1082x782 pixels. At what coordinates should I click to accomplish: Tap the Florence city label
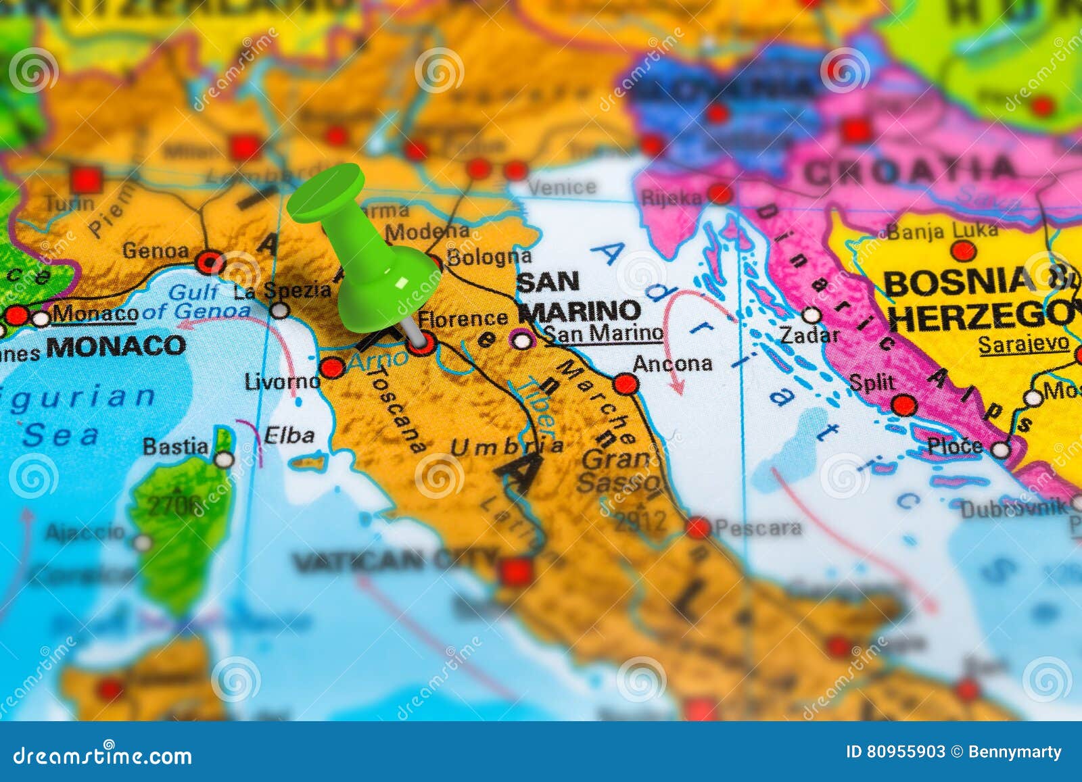pos(463,318)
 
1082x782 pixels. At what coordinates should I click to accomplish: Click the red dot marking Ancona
pos(626,384)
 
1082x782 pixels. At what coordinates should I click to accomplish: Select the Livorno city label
pos(282,381)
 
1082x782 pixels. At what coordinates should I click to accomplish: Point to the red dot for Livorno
pos(331,368)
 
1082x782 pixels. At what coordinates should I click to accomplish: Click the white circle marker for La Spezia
pos(279,310)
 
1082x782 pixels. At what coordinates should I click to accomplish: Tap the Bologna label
pos(489,258)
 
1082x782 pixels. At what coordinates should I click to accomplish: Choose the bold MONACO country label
pos(116,346)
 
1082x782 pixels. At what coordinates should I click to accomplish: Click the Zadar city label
pos(809,335)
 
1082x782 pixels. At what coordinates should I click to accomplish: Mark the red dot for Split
pos(904,405)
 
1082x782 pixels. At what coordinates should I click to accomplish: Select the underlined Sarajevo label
pos(1024,345)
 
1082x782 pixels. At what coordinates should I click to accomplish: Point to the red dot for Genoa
pos(210,262)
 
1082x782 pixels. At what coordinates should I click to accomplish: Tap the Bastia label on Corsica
pos(175,447)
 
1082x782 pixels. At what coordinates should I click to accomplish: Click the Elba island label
pos(289,435)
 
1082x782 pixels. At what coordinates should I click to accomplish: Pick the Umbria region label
pos(506,446)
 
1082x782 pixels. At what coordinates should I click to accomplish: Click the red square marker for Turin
pos(86,180)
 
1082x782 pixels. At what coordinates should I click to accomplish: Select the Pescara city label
pos(758,527)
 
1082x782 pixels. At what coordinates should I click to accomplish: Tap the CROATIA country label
pos(910,170)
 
